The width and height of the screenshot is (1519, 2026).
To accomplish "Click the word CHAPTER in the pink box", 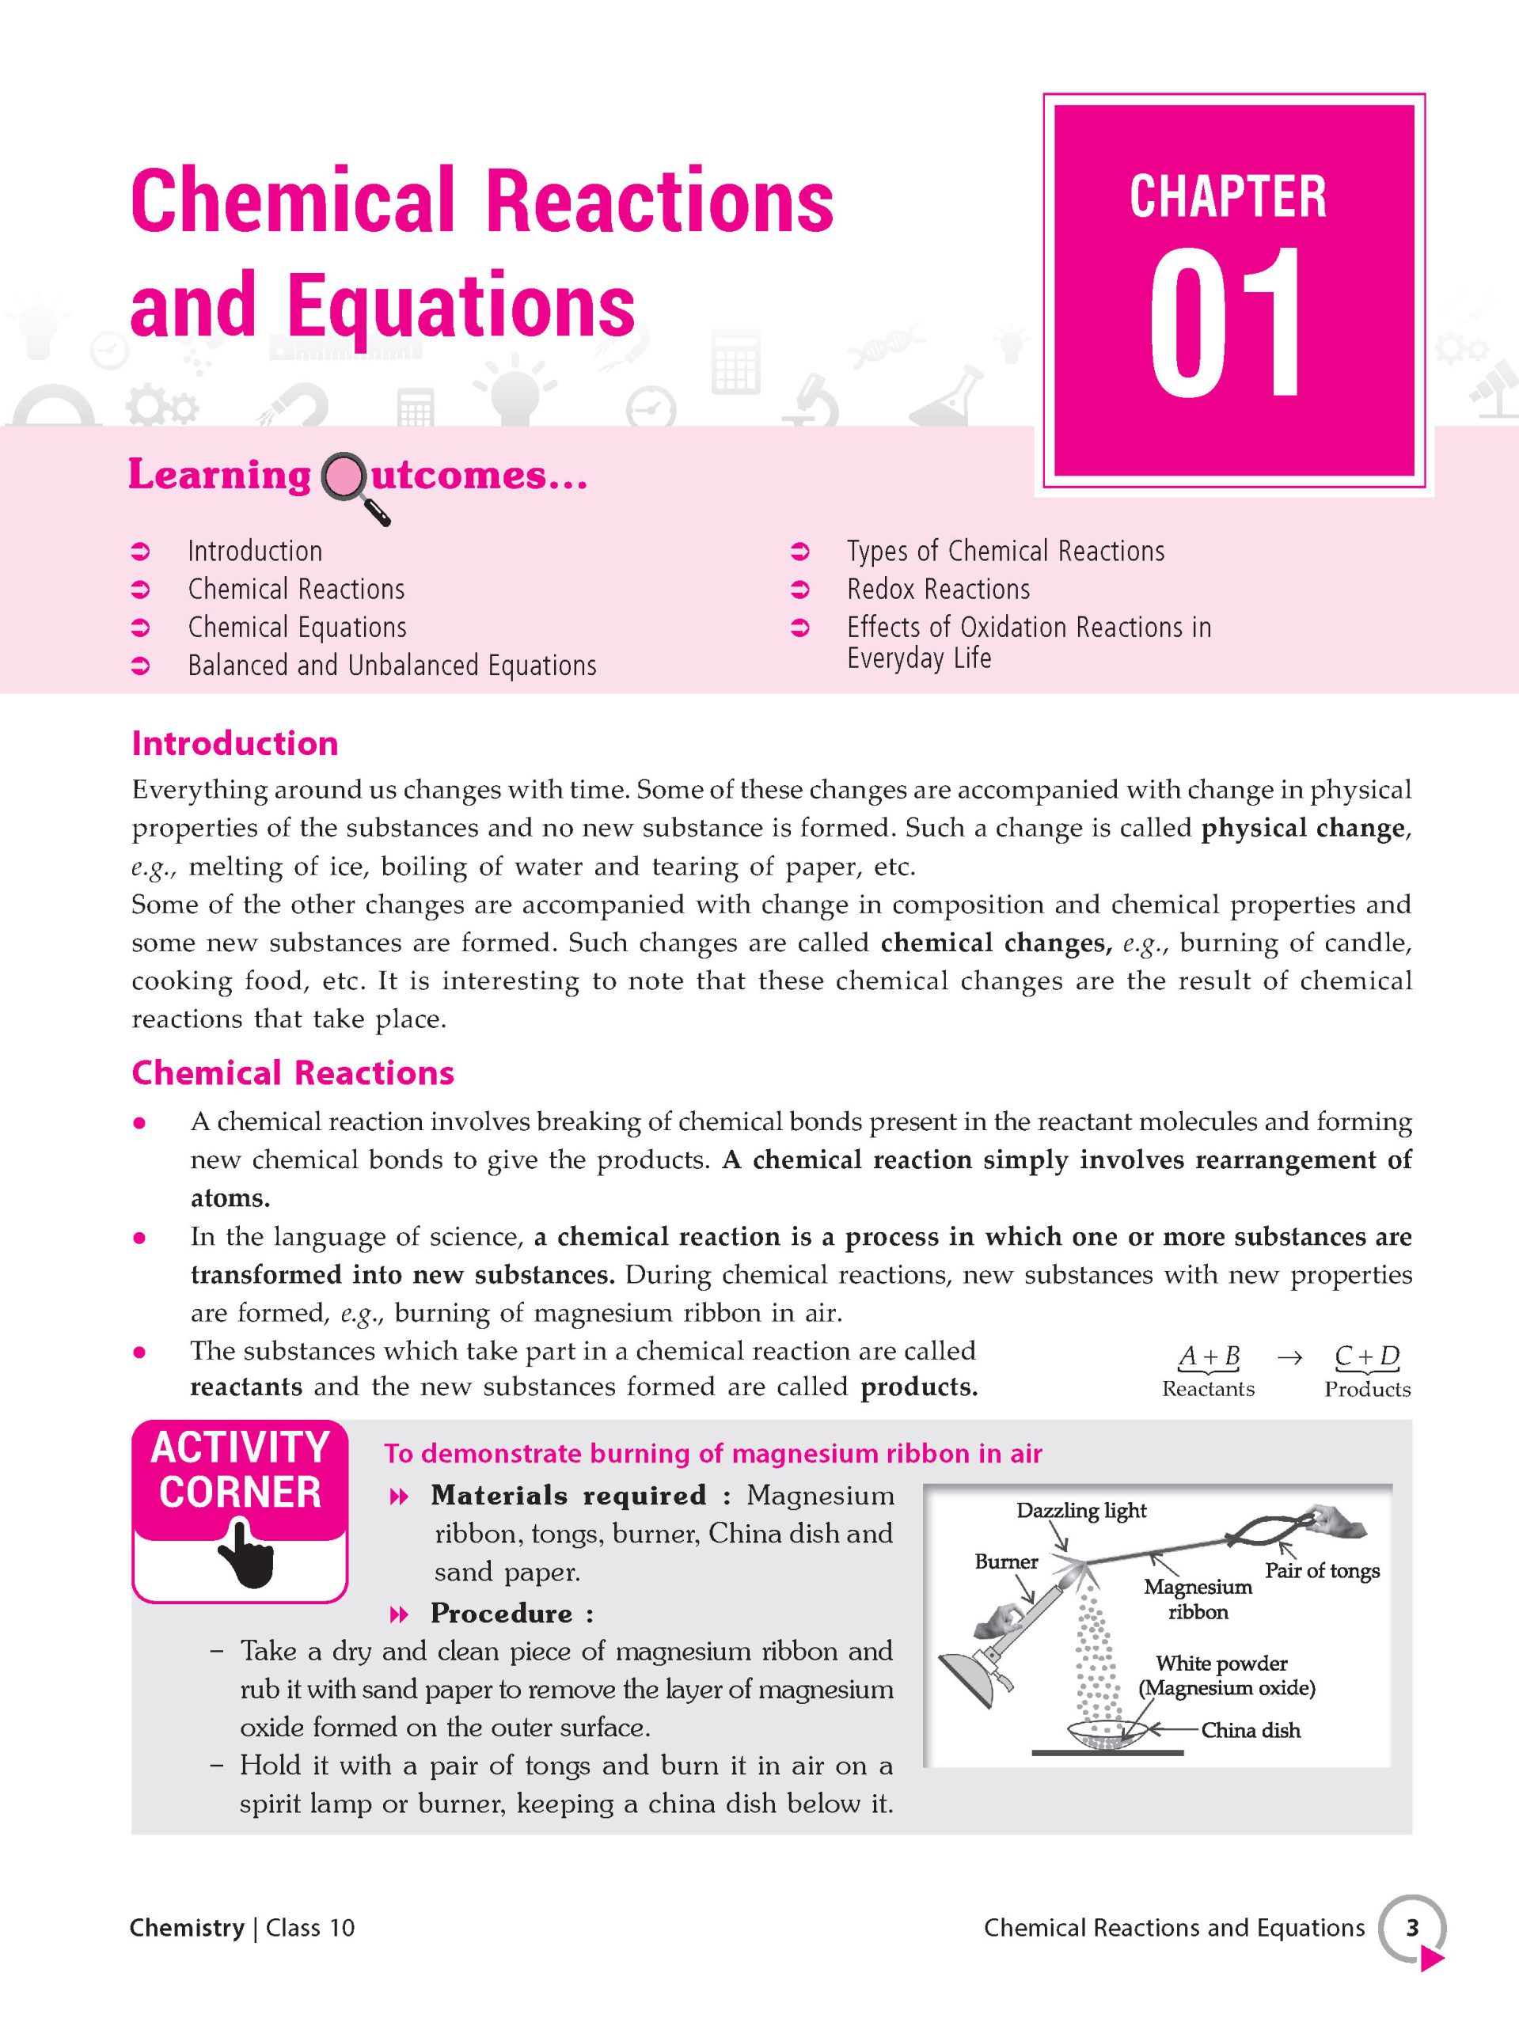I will pyautogui.click(x=1228, y=196).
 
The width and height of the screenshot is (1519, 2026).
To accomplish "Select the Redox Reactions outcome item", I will pyautogui.click(x=937, y=589).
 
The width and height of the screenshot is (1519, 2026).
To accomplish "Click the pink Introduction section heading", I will pyautogui.click(x=234, y=743).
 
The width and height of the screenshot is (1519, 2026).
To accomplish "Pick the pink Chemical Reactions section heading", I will pyautogui.click(x=292, y=1072).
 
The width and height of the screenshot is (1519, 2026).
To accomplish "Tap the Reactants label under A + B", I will pyautogui.click(x=1207, y=1389).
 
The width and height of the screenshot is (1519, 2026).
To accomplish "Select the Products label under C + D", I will pyautogui.click(x=1367, y=1389).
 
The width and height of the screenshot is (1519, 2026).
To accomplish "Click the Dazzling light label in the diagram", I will pyautogui.click(x=1081, y=1510).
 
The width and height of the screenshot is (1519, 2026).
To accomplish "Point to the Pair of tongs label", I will pyautogui.click(x=1322, y=1571).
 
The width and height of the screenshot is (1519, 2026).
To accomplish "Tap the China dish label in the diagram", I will pyautogui.click(x=1251, y=1730).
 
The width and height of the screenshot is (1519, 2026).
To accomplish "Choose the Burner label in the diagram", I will pyautogui.click(x=1006, y=1561).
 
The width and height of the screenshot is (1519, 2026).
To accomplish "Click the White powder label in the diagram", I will pyautogui.click(x=1221, y=1664).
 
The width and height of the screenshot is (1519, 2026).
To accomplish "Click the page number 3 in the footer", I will pyautogui.click(x=1412, y=1928).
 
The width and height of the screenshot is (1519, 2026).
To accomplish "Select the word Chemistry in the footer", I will pyautogui.click(x=186, y=1928).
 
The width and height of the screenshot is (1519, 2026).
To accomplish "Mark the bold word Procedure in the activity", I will pyautogui.click(x=501, y=1613).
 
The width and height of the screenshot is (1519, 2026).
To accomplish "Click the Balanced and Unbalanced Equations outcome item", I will pyautogui.click(x=392, y=665).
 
